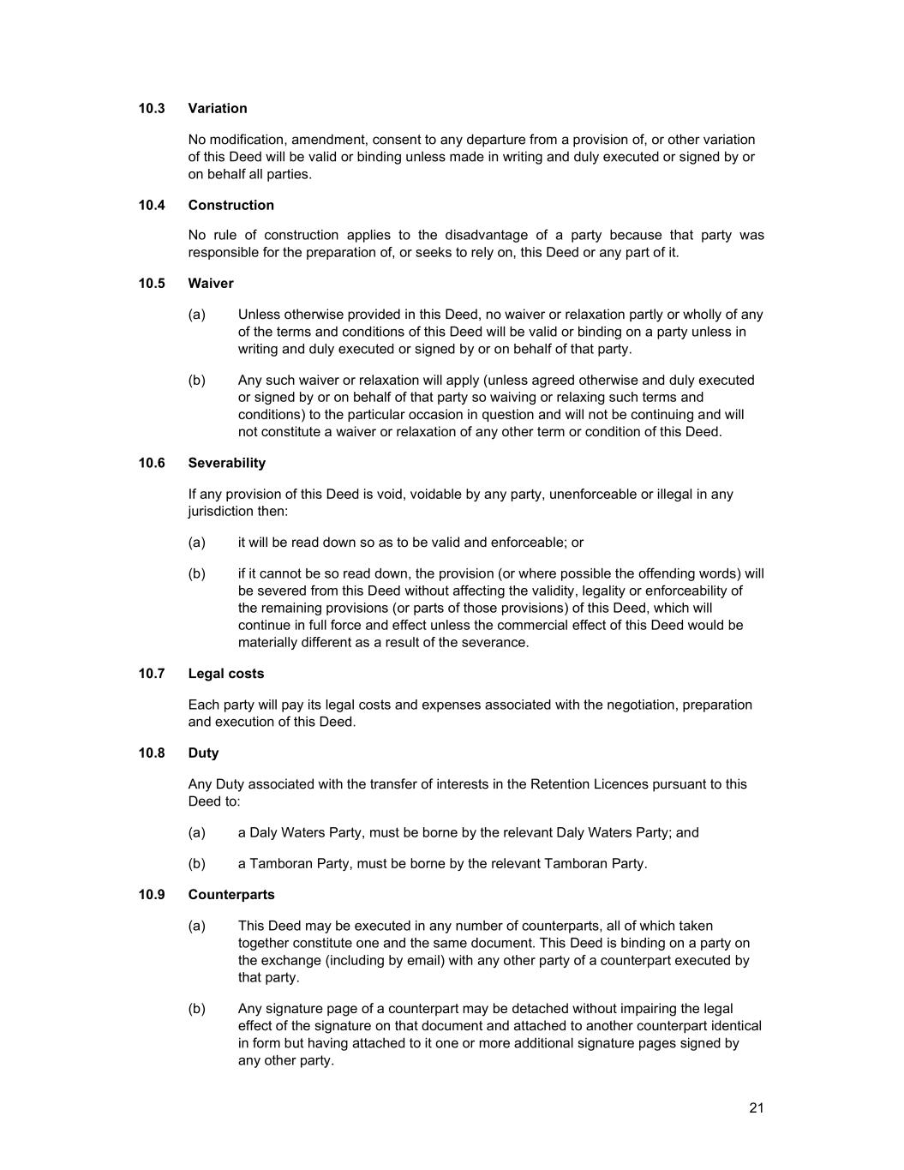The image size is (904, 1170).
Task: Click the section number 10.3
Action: tap(152, 108)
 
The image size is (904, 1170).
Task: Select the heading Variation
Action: tap(218, 108)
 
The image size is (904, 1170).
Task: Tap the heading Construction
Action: tap(231, 205)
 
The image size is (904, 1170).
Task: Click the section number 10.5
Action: tap(152, 283)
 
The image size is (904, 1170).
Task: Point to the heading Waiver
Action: tap(211, 283)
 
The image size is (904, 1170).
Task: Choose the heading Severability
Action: tap(227, 463)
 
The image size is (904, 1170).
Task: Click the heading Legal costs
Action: tap(226, 674)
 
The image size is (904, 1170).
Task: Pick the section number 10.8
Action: tap(152, 753)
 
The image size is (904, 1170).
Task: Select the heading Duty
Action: tap(204, 753)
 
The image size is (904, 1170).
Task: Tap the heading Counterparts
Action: tap(231, 895)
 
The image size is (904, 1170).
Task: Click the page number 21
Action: tap(756, 1107)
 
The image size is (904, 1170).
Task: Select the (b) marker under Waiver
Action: tap(197, 380)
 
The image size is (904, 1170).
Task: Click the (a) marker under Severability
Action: tap(197, 543)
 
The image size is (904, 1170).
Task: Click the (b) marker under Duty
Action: tap(197, 863)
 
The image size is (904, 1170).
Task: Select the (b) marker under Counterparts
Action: tap(197, 1009)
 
